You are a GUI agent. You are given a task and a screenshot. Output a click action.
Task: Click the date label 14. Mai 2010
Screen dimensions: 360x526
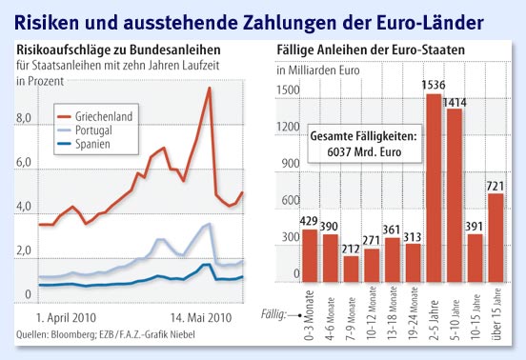click(x=201, y=317)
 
